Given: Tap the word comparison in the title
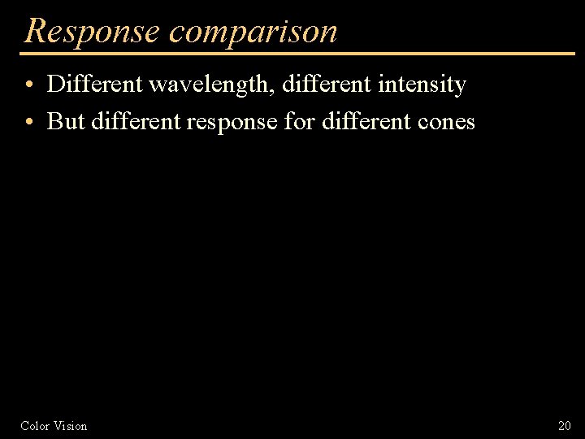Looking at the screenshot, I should coord(253,31).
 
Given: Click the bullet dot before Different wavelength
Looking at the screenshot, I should coord(28,85).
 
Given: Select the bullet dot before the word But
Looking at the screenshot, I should coord(28,123).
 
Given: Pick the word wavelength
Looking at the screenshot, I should coord(213,85).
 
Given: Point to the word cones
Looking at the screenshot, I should coord(446,123).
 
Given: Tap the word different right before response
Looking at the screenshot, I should coord(136,122).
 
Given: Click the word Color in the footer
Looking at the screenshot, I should coord(35,426).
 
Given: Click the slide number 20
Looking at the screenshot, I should coord(565,426).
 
